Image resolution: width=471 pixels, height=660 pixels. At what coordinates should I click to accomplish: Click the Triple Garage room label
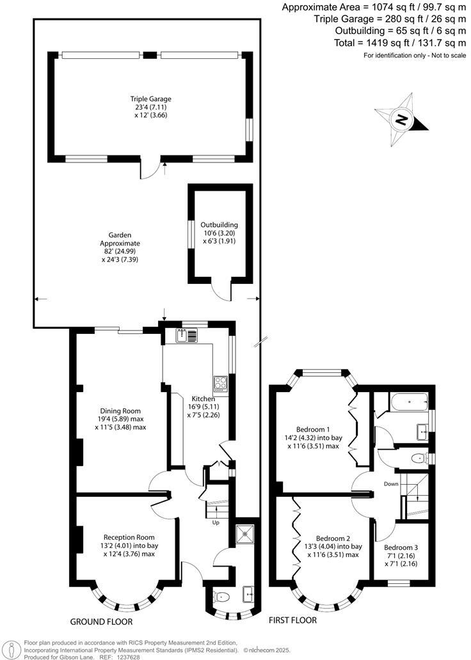pyautogui.click(x=151, y=99)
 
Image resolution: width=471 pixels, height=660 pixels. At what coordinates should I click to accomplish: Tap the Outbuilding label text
pyautogui.click(x=220, y=225)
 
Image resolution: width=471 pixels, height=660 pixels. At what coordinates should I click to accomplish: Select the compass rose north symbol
pyautogui.click(x=402, y=119)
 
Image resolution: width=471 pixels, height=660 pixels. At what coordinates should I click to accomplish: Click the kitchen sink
pyautogui.click(x=187, y=334)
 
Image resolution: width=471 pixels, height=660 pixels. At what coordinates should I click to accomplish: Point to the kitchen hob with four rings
pyautogui.click(x=221, y=383)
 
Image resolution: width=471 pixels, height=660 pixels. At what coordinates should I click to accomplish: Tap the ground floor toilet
pyautogui.click(x=221, y=597)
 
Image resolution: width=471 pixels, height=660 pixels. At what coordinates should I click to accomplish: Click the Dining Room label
pyautogui.click(x=120, y=411)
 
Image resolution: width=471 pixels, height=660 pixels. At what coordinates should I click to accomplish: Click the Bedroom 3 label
pyautogui.click(x=401, y=547)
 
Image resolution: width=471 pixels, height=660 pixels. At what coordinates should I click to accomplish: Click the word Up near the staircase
pyautogui.click(x=216, y=522)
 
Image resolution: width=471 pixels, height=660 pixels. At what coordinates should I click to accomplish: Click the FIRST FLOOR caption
pyautogui.click(x=292, y=620)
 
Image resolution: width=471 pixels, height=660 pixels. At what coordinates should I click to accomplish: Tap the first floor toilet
pyautogui.click(x=419, y=458)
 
